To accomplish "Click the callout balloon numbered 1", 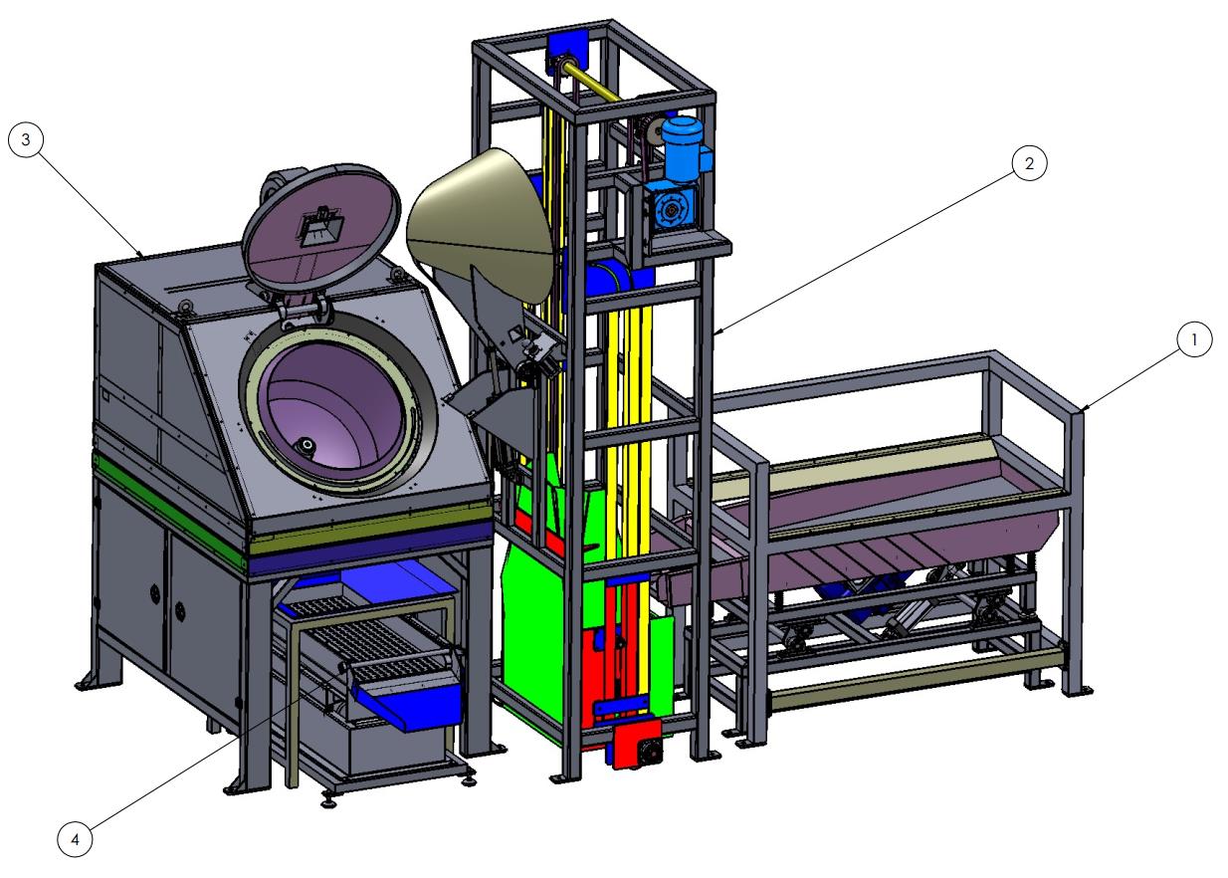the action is (1194, 339).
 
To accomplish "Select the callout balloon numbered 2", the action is (1028, 163).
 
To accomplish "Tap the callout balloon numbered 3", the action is (26, 139).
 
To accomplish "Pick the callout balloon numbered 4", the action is (75, 838).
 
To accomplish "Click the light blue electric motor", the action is (683, 148).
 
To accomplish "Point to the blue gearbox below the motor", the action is (672, 207).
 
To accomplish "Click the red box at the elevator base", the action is (637, 744).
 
